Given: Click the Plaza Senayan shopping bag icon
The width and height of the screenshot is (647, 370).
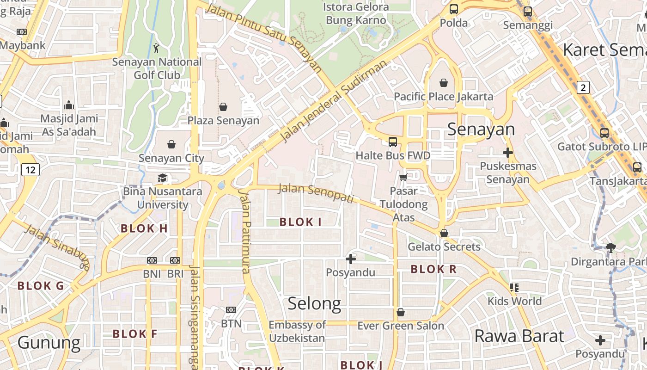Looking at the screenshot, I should (223, 107).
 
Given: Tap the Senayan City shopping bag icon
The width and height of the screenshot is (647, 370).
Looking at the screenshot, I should (171, 144).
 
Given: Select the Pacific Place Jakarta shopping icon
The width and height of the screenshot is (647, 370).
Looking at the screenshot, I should (444, 83).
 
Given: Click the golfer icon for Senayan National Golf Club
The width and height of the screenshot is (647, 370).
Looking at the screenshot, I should (157, 48).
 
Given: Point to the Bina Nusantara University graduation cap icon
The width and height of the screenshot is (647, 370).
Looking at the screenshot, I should (162, 178).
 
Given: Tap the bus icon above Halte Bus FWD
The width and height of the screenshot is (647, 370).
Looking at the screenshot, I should (393, 142).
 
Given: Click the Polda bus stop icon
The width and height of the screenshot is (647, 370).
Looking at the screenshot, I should (454, 9).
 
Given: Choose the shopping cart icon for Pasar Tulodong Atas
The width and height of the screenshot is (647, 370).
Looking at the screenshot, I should (403, 177).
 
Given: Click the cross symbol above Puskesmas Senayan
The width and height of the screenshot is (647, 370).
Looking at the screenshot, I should (508, 152).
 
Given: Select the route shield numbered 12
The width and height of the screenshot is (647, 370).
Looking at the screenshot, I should (31, 170).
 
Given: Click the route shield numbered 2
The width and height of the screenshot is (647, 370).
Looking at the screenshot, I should (583, 87).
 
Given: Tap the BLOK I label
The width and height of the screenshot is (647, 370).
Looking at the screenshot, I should (300, 222).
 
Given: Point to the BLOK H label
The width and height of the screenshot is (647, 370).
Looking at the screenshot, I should (144, 228).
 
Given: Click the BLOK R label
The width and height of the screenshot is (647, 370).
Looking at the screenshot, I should (433, 269).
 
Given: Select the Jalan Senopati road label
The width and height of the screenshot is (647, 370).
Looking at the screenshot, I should (316, 193).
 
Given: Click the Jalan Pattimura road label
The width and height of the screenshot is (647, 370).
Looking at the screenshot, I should (245, 231).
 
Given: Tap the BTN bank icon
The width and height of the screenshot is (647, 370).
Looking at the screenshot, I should (231, 310).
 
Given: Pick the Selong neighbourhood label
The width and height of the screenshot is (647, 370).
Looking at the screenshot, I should (314, 303).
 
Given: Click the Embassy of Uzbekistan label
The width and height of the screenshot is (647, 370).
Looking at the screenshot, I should (297, 331).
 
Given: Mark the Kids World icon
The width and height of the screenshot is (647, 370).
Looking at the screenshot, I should (514, 288).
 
